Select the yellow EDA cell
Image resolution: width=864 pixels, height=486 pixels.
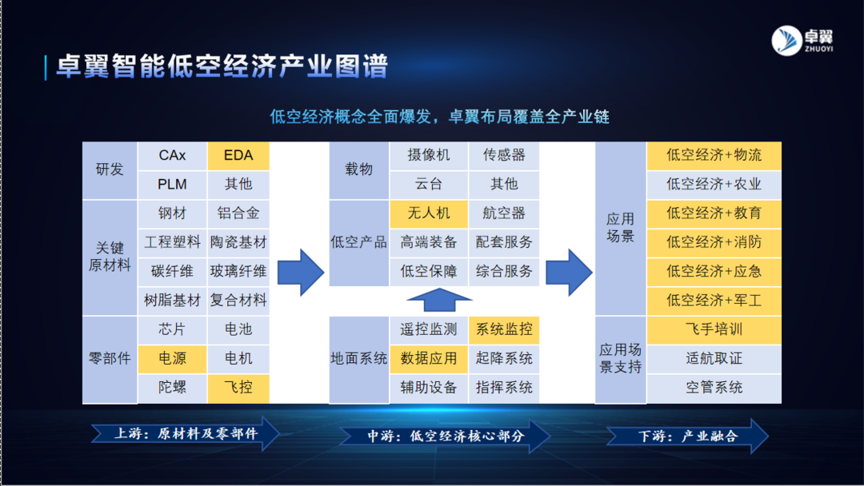pyautogui.click(x=238, y=155)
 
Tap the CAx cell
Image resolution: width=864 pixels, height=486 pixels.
pyautogui.click(x=172, y=155)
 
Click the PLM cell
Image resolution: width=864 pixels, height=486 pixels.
pyautogui.click(x=172, y=184)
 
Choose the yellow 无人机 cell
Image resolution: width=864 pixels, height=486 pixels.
pyautogui.click(x=429, y=213)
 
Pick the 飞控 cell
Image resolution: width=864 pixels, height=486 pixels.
pyautogui.click(x=238, y=388)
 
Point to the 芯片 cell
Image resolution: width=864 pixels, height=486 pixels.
pyautogui.click(x=172, y=329)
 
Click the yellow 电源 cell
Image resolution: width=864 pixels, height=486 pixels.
pyautogui.click(x=172, y=358)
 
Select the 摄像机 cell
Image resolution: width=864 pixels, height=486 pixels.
pyautogui.click(x=429, y=155)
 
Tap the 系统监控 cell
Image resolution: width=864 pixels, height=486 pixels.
pyautogui.click(x=504, y=329)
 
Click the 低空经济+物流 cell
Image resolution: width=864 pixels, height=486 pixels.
pyautogui.click(x=714, y=155)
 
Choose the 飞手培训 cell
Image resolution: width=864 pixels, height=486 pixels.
pyautogui.click(x=714, y=329)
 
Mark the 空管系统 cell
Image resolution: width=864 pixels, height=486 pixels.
pyautogui.click(x=714, y=388)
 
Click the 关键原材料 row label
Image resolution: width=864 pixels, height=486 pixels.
pyautogui.click(x=110, y=257)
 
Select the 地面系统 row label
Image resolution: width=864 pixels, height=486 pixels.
pyautogui.click(x=358, y=358)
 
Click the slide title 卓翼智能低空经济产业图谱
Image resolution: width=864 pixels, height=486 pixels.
pyautogui.click(x=222, y=66)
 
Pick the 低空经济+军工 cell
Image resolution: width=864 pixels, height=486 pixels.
pyautogui.click(x=714, y=301)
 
